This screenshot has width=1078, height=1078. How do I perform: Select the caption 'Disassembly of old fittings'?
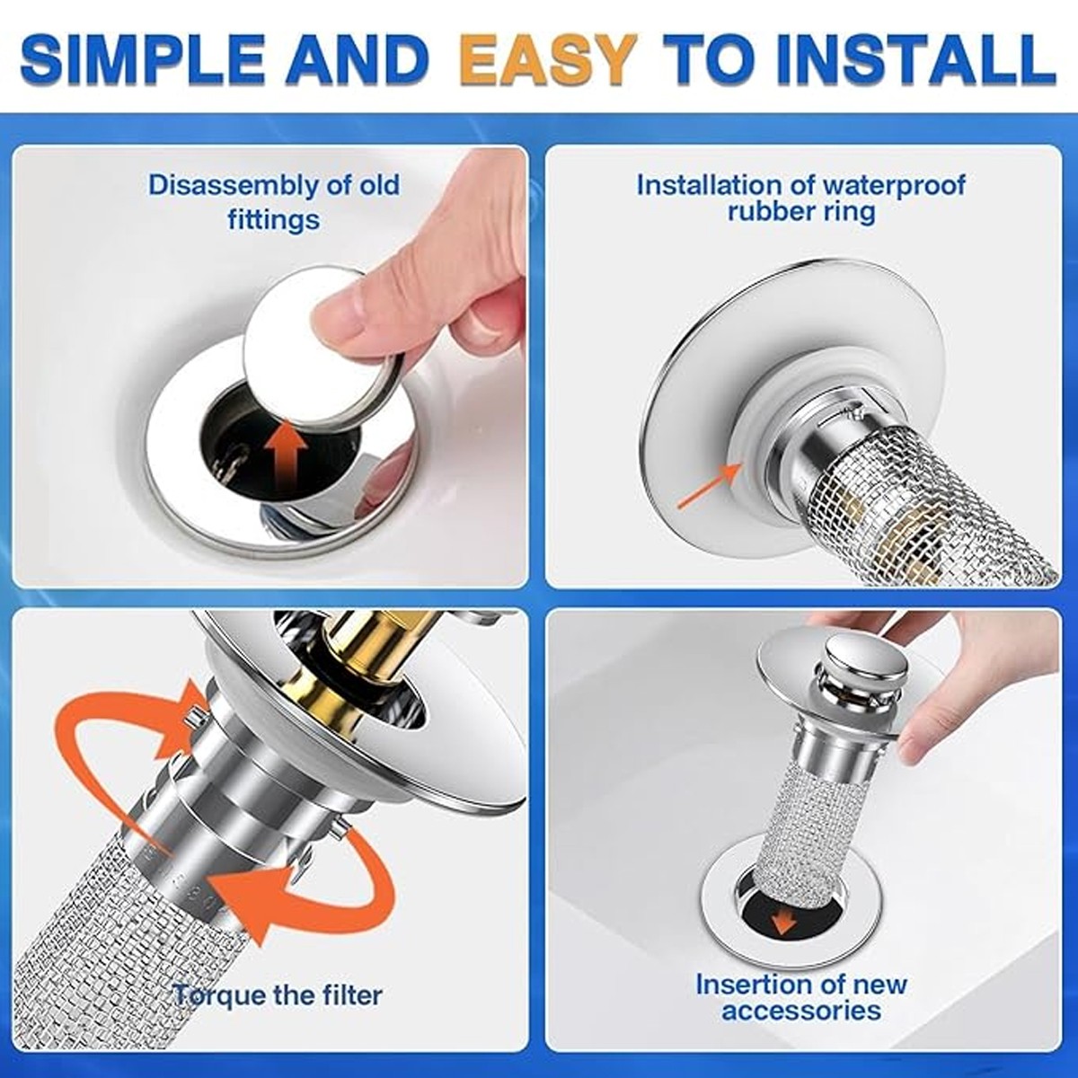[274, 201]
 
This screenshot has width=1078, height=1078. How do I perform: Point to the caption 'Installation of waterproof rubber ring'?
[800, 198]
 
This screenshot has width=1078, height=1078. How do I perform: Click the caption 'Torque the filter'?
[278, 994]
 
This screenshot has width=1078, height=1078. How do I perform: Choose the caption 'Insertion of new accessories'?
[800, 996]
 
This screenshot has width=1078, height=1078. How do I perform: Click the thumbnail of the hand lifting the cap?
[269, 368]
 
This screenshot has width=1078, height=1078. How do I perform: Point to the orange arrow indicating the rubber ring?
[710, 486]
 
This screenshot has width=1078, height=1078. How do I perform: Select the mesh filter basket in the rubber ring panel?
[934, 503]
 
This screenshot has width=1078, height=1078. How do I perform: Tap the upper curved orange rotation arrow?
[135, 719]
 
